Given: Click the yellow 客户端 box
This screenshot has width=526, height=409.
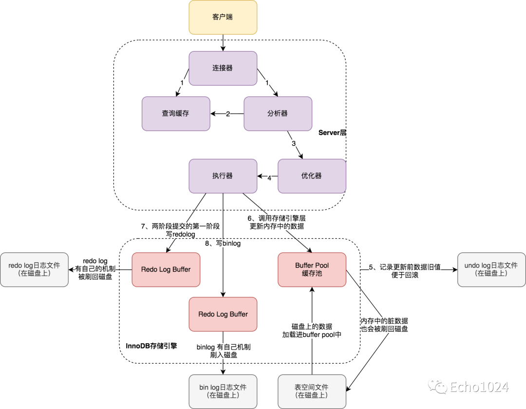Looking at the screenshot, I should coord(223,17).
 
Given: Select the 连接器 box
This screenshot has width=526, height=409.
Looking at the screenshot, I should coord(223,68).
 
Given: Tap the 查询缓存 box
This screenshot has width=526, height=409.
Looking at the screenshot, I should coord(176,114).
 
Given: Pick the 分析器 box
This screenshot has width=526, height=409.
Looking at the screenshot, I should coord(278,114).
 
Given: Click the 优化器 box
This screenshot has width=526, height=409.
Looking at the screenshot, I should coord(312,176).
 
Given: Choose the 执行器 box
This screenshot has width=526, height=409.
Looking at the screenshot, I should coord(223,176).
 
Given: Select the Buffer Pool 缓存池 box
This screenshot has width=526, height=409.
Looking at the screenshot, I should coord(312,270).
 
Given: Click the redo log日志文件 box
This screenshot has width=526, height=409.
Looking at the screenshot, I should coord(34,270).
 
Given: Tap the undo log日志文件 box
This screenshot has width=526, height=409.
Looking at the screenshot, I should coord(491,270).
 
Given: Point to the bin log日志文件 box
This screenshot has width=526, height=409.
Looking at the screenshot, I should coord(223,391).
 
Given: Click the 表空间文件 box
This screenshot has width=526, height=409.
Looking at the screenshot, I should coord(312,391).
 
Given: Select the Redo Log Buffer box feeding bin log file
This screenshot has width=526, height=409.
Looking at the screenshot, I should coord(223,314).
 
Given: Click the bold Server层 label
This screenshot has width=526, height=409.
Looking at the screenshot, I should coord(332,133).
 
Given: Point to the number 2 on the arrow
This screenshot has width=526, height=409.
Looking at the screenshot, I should coord(227,114).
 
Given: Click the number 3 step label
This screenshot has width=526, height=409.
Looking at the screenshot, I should coord(294,143).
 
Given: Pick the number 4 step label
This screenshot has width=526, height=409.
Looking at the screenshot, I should coord(269,178).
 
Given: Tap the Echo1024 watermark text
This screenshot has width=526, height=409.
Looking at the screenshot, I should coord(479,387).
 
